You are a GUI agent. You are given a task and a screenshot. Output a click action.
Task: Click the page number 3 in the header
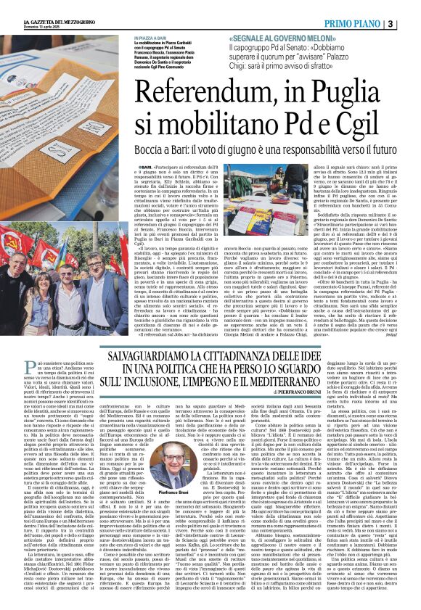[x=412, y=23]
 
